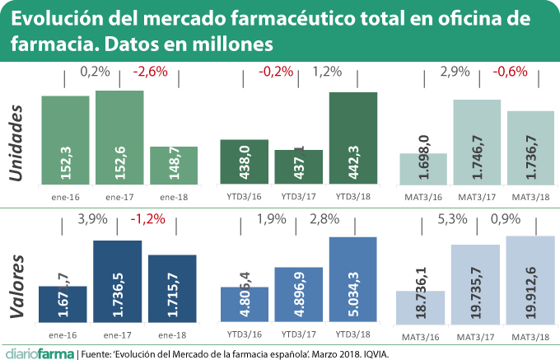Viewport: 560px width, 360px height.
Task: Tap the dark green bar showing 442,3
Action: click(x=352, y=138)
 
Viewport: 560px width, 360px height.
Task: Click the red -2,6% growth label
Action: click(x=150, y=72)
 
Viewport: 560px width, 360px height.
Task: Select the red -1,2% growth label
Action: click(x=150, y=221)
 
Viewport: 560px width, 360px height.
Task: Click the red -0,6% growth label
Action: click(x=509, y=72)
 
